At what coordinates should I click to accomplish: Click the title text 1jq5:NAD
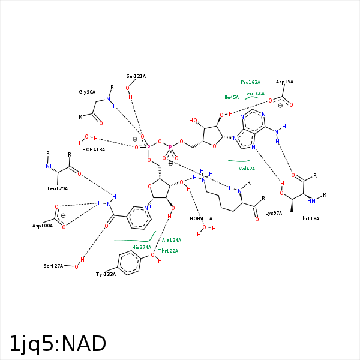pos(58,344)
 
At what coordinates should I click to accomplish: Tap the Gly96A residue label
pos(87,92)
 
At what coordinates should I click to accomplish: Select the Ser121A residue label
pos(136,76)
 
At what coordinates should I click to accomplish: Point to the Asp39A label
pos(284,82)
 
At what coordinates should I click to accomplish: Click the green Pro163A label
pos(251,82)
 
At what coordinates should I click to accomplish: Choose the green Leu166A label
pos(254,94)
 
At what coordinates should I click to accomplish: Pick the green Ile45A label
pos(232,97)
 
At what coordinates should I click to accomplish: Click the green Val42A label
pos(247,169)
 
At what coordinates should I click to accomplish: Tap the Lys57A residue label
pos(274,213)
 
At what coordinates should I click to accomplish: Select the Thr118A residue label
pos(309,218)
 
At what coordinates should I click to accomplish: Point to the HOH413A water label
pos(94,149)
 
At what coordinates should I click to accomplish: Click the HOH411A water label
pos(201,218)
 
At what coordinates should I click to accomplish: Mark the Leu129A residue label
pos(58,188)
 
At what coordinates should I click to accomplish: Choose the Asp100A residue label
pos(43,226)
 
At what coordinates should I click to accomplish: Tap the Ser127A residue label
pos(53,265)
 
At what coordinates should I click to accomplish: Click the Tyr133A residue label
pos(106,274)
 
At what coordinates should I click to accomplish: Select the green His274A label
pos(142,247)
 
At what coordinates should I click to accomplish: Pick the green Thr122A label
pos(168,251)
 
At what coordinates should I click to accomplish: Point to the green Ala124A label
pos(172,240)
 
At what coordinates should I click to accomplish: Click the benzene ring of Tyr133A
pos(128,263)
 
